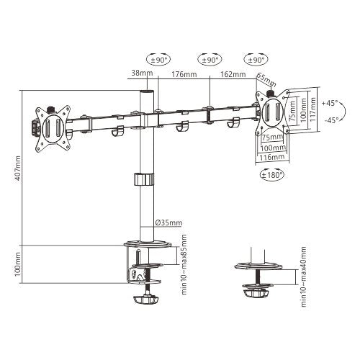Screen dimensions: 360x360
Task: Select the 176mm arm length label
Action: (x=184, y=73)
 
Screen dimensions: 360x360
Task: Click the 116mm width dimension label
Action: (x=273, y=156)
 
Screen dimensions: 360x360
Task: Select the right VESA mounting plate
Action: (x=271, y=115)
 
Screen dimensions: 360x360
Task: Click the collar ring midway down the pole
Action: (x=143, y=179)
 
